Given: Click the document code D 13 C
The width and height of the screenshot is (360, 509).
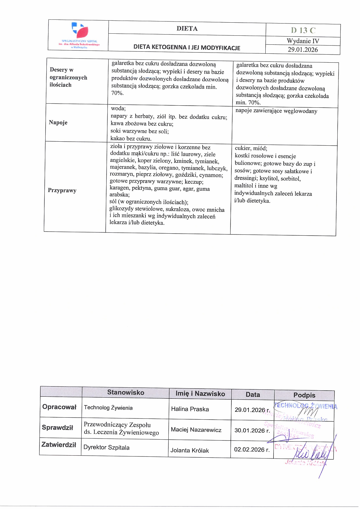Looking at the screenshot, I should pyautogui.click(x=303, y=30).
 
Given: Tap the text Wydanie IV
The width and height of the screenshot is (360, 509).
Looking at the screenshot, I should pyautogui.click(x=303, y=41).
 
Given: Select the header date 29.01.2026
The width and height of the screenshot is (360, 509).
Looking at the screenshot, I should pyautogui.click(x=303, y=50).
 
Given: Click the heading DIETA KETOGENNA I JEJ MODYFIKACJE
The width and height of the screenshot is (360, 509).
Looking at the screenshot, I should pyautogui.click(x=187, y=48).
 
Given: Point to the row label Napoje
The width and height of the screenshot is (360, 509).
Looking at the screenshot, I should pyautogui.click(x=58, y=122).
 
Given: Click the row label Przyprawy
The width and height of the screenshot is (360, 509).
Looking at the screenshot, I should pyautogui.click(x=62, y=190).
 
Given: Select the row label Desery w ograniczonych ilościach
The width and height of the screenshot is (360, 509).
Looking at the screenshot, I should pyautogui.click(x=68, y=77).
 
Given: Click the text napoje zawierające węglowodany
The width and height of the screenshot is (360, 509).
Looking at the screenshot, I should pyautogui.click(x=276, y=111).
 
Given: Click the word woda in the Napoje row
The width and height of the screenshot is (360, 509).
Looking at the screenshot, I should pyautogui.click(x=118, y=109).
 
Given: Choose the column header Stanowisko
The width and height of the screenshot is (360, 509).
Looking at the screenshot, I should pyautogui.click(x=125, y=392).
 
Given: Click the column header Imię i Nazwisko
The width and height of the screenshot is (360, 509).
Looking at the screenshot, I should pyautogui.click(x=200, y=394).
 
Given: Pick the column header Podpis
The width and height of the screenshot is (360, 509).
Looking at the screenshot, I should pyautogui.click(x=304, y=395).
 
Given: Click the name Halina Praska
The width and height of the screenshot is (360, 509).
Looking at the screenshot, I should pyautogui.click(x=190, y=409).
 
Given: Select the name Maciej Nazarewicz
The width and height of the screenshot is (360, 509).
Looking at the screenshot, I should pyautogui.click(x=196, y=430).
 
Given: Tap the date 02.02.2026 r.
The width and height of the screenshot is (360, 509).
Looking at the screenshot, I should pyautogui.click(x=252, y=450).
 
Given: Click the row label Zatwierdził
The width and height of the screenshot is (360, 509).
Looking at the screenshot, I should pyautogui.click(x=59, y=445).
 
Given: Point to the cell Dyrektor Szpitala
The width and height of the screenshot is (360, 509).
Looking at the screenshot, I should pyautogui.click(x=106, y=447).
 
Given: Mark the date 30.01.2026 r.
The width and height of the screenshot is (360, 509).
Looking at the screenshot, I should pyautogui.click(x=252, y=431).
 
